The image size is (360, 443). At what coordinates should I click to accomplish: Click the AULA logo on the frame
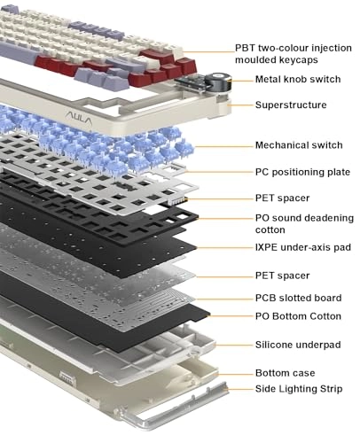click(79, 118)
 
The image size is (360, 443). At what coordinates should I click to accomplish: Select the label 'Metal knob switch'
click(298, 79)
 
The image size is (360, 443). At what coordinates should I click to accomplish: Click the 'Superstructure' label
click(291, 105)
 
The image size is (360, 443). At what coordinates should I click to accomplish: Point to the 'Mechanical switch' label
click(299, 145)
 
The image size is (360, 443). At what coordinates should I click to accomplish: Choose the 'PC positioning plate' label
click(302, 172)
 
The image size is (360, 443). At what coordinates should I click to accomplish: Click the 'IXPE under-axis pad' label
click(303, 247)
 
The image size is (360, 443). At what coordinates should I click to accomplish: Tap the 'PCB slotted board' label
click(299, 298)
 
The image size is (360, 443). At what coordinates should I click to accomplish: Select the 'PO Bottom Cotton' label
click(298, 316)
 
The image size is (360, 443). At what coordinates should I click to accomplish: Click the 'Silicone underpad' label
click(298, 345)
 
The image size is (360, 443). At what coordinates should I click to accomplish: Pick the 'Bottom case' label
click(286, 373)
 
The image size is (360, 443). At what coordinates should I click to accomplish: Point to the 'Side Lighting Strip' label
click(299, 389)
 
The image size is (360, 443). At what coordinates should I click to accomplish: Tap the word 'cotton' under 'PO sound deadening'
click(270, 229)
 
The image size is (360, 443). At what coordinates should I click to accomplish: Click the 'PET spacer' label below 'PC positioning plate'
click(282, 198)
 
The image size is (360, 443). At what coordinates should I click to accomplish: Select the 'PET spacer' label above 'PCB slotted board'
click(282, 276)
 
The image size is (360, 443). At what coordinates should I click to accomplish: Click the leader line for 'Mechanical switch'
click(223, 146)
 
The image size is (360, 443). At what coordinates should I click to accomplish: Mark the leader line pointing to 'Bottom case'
click(234, 375)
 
